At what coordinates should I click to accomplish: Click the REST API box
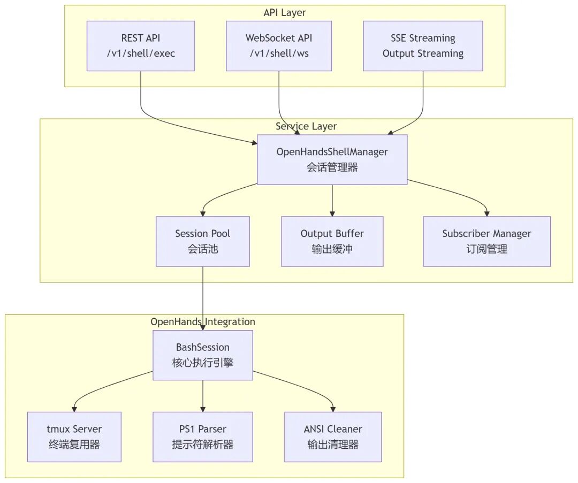[x=141, y=45]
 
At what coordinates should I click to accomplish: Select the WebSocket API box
[x=278, y=45]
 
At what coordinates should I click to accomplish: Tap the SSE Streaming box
[x=423, y=45]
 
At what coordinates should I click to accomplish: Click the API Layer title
[x=285, y=12]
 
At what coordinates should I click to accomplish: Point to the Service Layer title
[x=306, y=126]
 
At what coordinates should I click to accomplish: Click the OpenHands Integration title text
[x=202, y=321]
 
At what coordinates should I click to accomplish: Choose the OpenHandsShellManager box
[x=332, y=159]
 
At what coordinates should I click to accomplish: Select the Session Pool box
[x=202, y=241]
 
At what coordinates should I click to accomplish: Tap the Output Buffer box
[x=332, y=241]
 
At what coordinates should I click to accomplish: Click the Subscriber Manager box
[x=486, y=241]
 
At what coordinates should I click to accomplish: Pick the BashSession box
[x=202, y=355]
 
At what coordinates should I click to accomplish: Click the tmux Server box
[x=74, y=436]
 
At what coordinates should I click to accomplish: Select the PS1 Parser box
[x=202, y=436]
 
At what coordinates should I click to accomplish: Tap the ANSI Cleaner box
[x=332, y=436]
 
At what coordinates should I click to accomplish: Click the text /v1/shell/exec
[x=141, y=53]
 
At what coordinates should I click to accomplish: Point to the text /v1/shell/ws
[x=278, y=53]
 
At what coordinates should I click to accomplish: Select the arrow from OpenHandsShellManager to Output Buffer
[x=332, y=201]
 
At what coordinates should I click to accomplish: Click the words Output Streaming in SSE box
[x=423, y=53]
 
